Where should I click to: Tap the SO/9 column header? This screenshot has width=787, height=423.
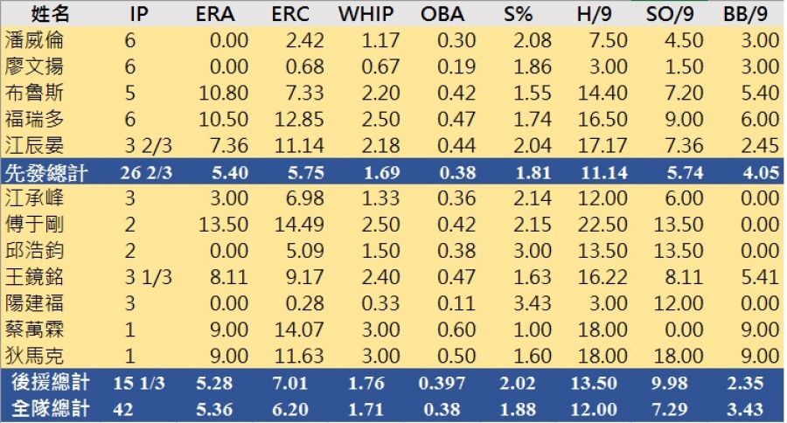coord(671,14)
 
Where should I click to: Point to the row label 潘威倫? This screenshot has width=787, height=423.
coord(34,40)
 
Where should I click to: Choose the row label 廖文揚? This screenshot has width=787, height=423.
coord(34,66)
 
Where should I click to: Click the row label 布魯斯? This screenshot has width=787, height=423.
coord(34,93)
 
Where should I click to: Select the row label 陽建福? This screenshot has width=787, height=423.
coord(34,302)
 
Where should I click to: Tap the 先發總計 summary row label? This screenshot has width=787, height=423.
coord(45,172)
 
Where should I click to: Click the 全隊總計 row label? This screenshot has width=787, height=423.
coord(45,408)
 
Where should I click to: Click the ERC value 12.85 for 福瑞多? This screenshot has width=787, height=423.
coord(292,119)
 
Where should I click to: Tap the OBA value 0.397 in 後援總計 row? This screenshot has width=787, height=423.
coord(443,383)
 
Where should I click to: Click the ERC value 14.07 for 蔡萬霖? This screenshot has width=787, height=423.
coord(292,329)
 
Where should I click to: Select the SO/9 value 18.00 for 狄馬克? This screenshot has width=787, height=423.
coord(681,356)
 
